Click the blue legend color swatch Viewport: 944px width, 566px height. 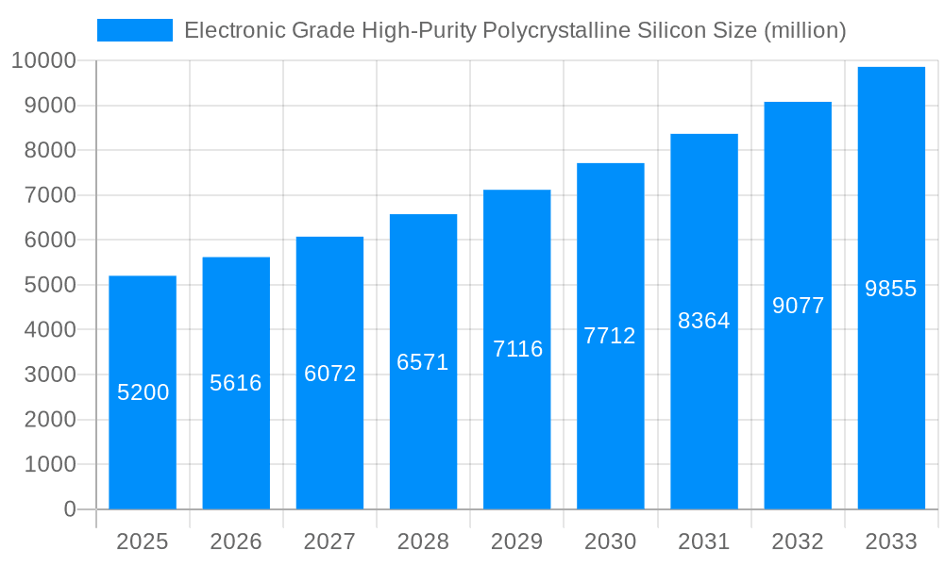pyautogui.click(x=135, y=30)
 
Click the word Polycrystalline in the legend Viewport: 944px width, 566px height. pyautogui.click(x=548, y=30)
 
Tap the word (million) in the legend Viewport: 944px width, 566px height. pyautogui.click(x=804, y=30)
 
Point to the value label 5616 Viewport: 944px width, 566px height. pyautogui.click(x=236, y=383)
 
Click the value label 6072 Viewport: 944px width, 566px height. pyautogui.click(x=329, y=374)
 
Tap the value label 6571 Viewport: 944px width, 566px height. pyautogui.click(x=423, y=362)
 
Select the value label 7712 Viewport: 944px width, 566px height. pyautogui.click(x=610, y=336)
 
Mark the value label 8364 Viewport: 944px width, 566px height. pyautogui.click(x=704, y=321)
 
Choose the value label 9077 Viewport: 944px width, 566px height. pyautogui.click(x=798, y=306)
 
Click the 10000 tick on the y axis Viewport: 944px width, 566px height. pyautogui.click(x=43, y=61)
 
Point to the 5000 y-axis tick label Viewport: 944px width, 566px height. pyautogui.click(x=48, y=285)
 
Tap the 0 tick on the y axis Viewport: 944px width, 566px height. pyautogui.click(x=69, y=509)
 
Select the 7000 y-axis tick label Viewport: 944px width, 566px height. pyautogui.click(x=48, y=195)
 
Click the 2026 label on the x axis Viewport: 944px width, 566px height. pyautogui.click(x=236, y=541)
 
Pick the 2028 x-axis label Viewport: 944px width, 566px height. pyautogui.click(x=423, y=541)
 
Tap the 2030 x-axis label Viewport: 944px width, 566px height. pyautogui.click(x=610, y=541)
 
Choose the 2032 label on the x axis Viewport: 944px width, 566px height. pyautogui.click(x=798, y=541)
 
